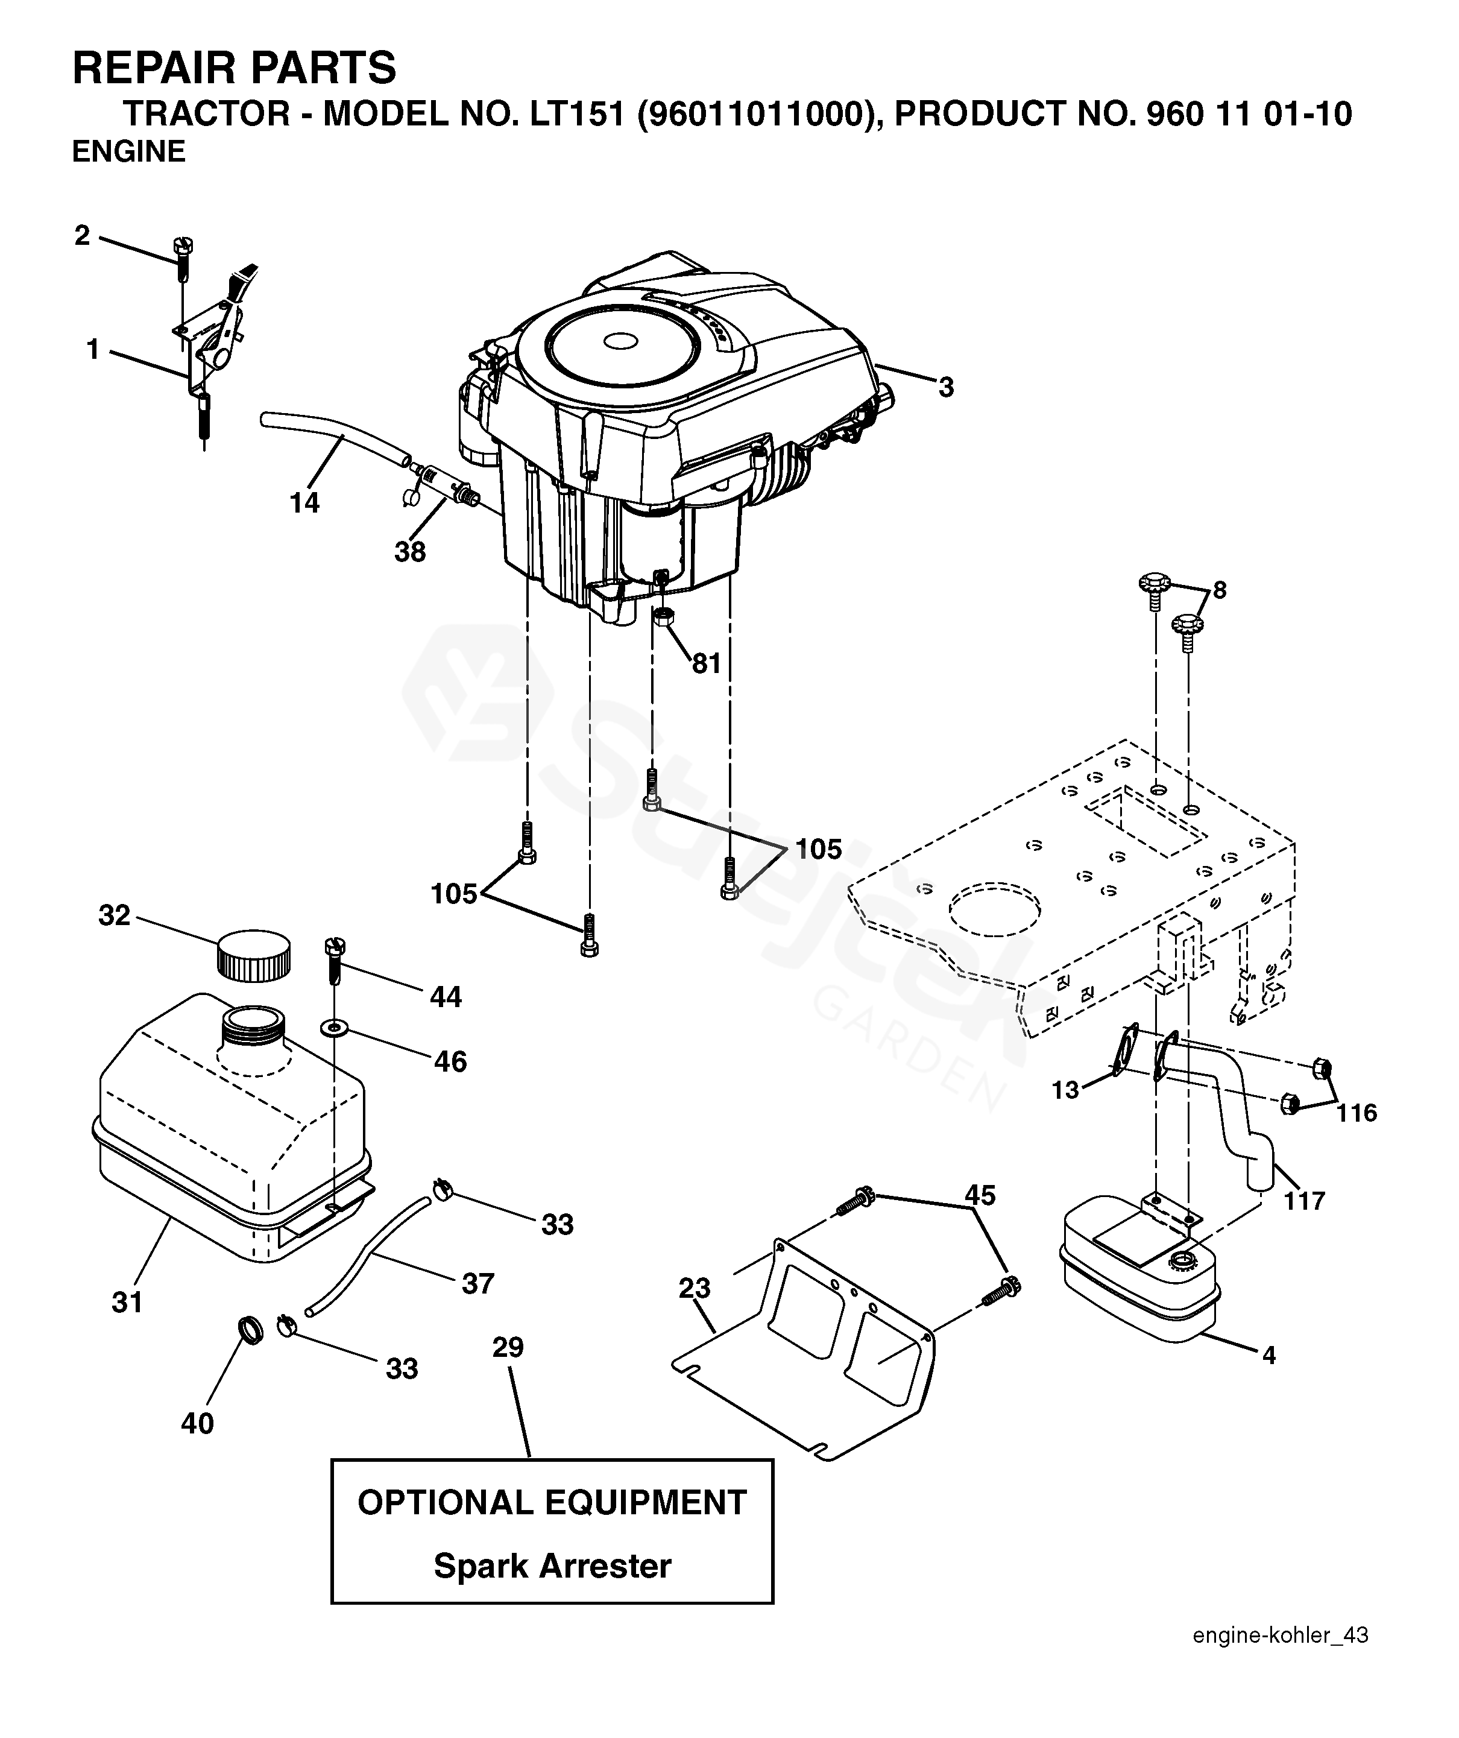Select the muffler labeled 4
coord(1139,1287)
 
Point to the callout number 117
coord(1304,1200)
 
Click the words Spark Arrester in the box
coord(552,1566)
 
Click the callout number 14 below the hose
coord(304,502)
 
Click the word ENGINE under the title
coord(129,153)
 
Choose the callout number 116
coord(1357,1113)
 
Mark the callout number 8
coord(1219,590)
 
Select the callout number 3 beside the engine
coord(946,387)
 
